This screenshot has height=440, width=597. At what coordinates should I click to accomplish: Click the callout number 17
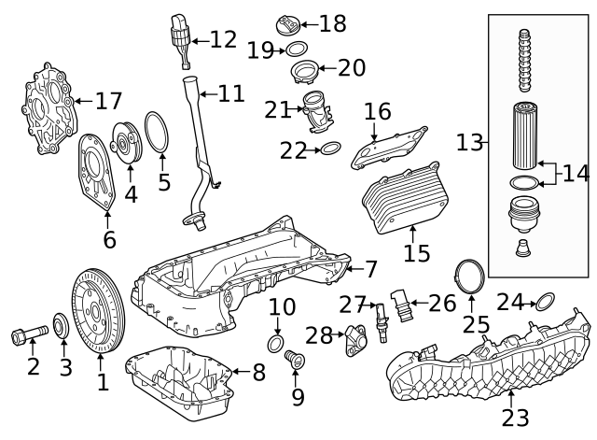tap(108, 100)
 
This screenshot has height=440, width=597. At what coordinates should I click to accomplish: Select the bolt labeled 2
tap(28, 333)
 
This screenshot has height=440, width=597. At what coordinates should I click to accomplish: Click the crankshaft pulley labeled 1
tap(99, 311)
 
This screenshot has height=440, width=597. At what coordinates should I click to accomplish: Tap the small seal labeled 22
tap(329, 149)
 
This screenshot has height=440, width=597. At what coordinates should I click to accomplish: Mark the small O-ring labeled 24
tap(547, 301)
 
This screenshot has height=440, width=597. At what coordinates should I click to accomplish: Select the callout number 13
tap(471, 143)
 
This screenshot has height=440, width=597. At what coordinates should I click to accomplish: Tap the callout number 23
tap(516, 416)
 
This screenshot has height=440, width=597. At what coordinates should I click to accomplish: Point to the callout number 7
tap(370, 270)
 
